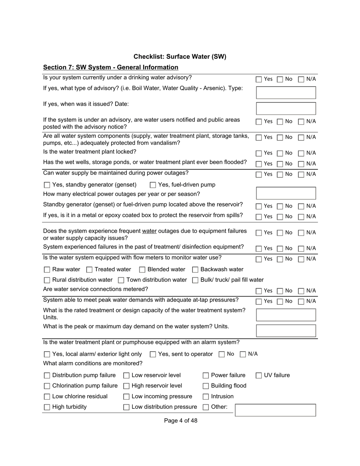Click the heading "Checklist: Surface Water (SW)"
pos(180,57)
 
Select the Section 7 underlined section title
pos(111,67)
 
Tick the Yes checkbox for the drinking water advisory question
pos(259,80)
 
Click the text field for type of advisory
pos(286,92)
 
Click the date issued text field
pos(286,108)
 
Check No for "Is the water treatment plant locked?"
pos(280,153)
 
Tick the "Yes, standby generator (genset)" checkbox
pos(47,185)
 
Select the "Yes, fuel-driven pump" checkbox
pos(153,185)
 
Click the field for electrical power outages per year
pos(286,193)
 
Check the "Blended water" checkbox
pos(142,270)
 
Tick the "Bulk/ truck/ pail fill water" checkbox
pos(195,280)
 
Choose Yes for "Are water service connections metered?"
pos(259,291)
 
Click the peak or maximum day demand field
pos(286,330)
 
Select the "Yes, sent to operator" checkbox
pos(153,355)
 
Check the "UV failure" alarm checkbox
pos(259,376)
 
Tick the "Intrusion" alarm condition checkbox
pos(206,397)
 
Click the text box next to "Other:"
pos(275,410)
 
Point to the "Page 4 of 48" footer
pos(180,421)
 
